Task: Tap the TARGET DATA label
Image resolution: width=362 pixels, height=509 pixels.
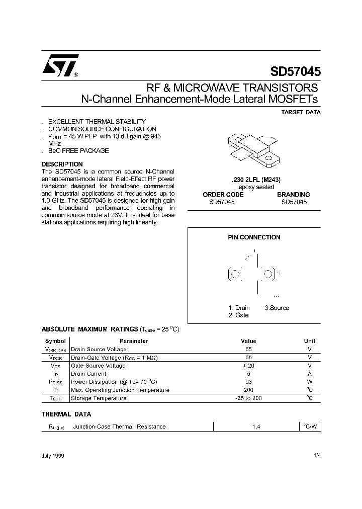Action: coord(301,113)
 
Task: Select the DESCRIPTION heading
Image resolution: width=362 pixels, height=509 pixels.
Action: coord(62,164)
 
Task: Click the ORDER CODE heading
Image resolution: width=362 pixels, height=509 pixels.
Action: coord(223,194)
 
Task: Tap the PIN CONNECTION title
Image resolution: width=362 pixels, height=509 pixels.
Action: coord(254,237)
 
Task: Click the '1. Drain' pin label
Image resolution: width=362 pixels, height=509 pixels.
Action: coord(239,308)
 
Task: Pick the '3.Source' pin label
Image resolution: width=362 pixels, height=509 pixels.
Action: coord(277,308)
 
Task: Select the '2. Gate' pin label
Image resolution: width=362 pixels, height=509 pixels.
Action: coord(238,315)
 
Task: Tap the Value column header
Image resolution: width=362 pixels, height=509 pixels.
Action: coord(248,341)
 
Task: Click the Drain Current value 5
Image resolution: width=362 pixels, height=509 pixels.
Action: coord(248,374)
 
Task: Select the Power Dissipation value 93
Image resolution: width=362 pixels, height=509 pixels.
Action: coord(248,382)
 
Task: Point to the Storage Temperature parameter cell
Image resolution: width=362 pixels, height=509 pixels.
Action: coord(99,398)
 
